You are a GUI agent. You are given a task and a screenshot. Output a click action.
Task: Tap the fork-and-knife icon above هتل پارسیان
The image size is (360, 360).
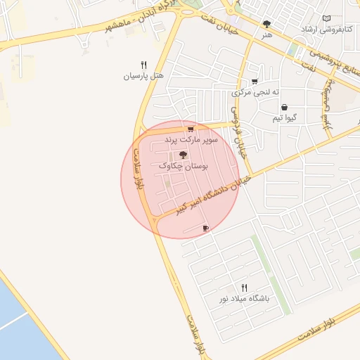pos(143,64)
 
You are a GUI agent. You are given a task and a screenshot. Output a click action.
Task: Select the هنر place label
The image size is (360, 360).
pos(266,34)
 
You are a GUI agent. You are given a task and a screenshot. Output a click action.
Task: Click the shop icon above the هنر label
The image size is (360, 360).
pos(266,23)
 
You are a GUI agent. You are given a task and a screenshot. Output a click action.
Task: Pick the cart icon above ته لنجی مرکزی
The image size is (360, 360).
pos(254,82)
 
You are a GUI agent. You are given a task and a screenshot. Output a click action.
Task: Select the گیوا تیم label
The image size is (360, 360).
pos(285,118)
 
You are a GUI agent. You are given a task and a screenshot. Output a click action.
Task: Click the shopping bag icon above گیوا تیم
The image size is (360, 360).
pos(284,108)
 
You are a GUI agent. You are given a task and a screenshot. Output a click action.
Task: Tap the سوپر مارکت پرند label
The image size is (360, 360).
pos(191,140)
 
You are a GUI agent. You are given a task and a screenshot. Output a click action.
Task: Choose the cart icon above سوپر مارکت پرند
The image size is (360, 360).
pos(191,129)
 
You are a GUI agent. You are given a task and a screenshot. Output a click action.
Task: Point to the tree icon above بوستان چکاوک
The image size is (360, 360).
pos(183,154)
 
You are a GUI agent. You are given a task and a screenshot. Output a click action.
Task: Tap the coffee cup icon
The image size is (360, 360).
pos(205,228)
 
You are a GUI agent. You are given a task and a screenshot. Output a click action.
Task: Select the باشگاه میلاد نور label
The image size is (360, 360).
pos(244,298)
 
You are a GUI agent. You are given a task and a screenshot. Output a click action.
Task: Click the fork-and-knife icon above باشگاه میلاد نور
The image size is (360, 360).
pos(244,288)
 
